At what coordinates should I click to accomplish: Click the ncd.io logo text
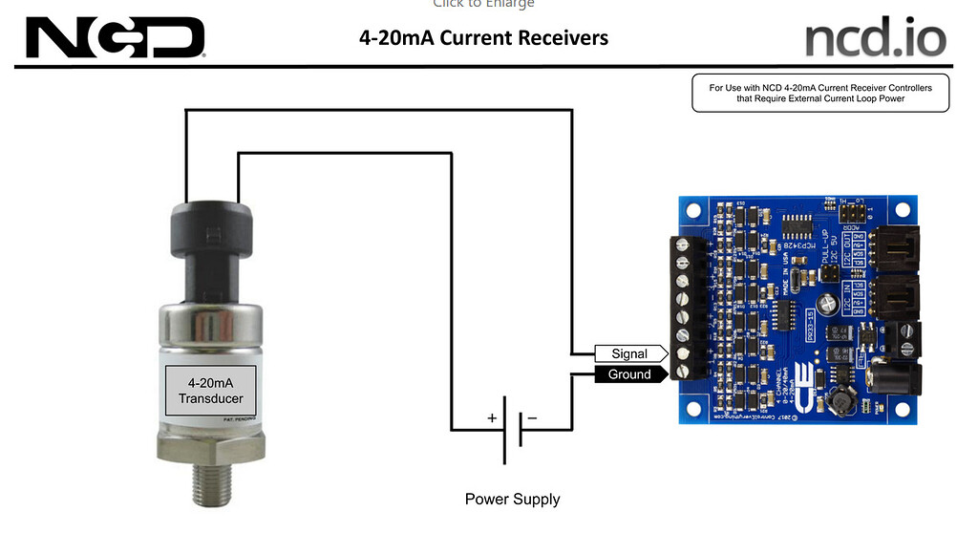pos(875,38)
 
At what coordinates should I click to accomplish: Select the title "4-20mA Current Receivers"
pos(483,38)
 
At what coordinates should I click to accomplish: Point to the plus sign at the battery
pos(492,418)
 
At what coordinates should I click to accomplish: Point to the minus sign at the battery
pos(532,418)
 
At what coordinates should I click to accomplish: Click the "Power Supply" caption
pos(512,499)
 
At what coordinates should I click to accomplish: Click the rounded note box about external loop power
pos(820,93)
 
